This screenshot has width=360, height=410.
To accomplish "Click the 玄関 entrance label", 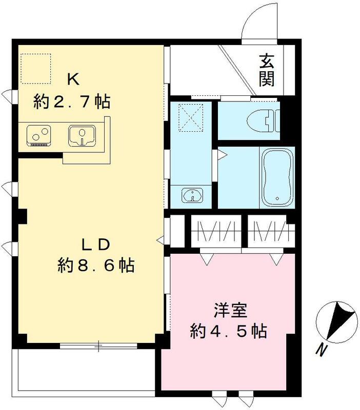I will pos(266,70).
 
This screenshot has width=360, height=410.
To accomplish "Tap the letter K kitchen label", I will pos(72,79).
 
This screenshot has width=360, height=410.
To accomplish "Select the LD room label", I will pos(95,244).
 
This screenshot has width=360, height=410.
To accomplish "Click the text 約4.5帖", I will pos(228,332).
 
